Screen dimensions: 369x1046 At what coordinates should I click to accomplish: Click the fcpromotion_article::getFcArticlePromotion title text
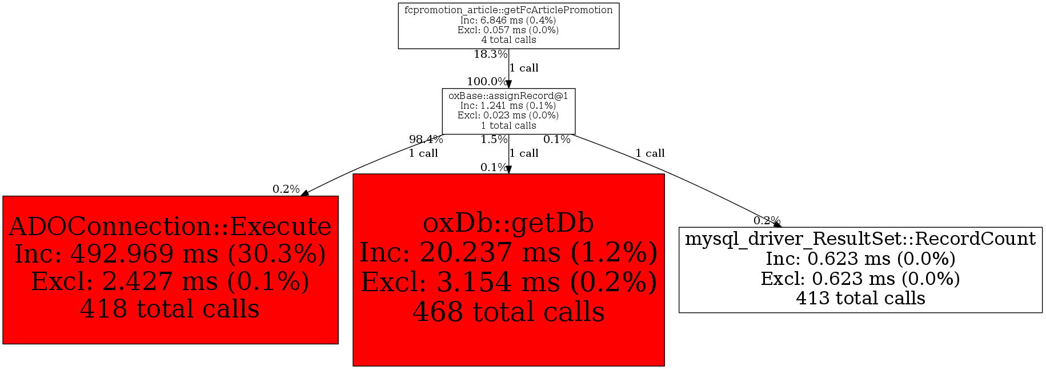tap(508, 10)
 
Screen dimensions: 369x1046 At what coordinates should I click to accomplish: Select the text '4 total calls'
tap(508, 40)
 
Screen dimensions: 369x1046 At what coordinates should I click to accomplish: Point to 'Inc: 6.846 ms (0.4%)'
tap(508, 21)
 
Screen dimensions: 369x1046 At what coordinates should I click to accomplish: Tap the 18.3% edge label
tap(490, 54)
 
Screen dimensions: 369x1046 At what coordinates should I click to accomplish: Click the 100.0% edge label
tap(487, 82)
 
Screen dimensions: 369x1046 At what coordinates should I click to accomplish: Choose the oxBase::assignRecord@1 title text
tap(508, 96)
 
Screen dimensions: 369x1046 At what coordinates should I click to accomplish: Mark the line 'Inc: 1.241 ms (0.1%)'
tap(508, 106)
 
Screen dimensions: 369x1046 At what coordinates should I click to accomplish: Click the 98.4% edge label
tap(426, 140)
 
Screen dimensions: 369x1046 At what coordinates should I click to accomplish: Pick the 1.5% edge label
tap(494, 140)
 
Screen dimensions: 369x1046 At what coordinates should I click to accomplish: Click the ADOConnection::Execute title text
tap(170, 227)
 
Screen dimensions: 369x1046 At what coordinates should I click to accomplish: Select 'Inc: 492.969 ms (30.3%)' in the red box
tap(170, 254)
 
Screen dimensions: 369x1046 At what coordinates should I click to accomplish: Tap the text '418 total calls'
tap(170, 309)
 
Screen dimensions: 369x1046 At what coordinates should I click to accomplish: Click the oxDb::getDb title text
tap(508, 223)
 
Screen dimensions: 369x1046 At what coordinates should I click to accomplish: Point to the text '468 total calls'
tap(508, 312)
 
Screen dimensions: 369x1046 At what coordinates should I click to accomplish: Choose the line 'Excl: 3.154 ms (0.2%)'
tap(508, 282)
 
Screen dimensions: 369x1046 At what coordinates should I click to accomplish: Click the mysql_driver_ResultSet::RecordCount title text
tap(860, 239)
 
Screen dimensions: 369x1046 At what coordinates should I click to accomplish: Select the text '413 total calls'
tap(860, 298)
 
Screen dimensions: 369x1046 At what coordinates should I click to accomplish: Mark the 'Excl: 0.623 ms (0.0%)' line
tap(860, 279)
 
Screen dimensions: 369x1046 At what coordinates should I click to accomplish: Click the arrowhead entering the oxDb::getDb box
tap(508, 170)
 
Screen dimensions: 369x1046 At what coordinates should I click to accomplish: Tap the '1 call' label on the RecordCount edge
tap(650, 153)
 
